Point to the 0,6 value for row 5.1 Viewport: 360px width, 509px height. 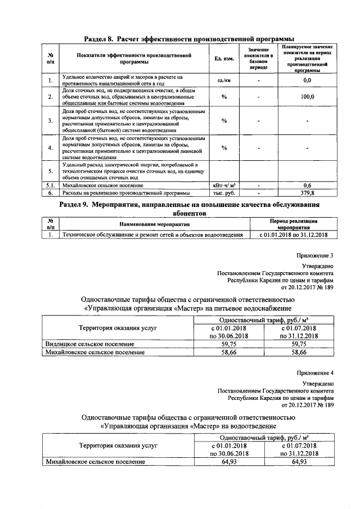pos(307,184)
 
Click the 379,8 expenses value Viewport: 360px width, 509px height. pos(307,192)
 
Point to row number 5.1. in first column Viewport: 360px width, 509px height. pos(51,184)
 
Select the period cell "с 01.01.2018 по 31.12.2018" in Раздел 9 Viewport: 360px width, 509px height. pos(294,235)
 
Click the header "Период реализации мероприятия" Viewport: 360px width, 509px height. pos(294,224)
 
